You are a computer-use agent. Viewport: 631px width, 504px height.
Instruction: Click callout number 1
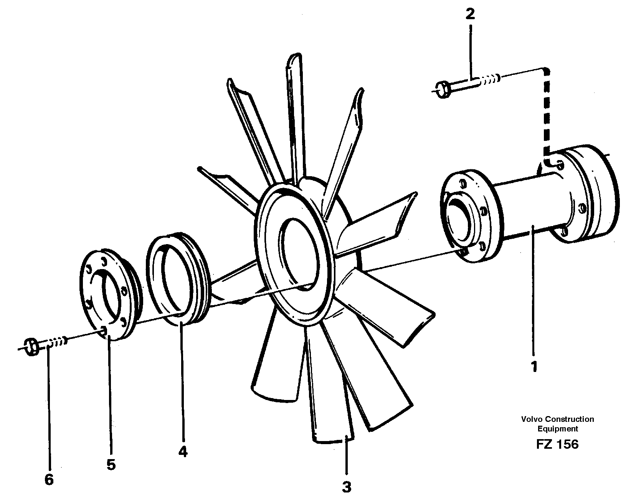[x=534, y=367]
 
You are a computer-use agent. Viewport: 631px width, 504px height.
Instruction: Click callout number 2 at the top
[x=470, y=15]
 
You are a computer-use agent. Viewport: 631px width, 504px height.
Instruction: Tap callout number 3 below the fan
[x=346, y=487]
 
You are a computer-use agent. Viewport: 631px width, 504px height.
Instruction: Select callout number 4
[x=183, y=452]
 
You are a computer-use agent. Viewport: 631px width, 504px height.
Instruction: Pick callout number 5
[x=111, y=465]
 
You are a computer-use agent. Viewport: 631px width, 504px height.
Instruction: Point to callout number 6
[x=49, y=479]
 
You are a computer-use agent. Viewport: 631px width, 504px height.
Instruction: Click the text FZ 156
[x=557, y=444]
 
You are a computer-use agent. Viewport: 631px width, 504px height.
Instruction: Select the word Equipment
[x=557, y=429]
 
